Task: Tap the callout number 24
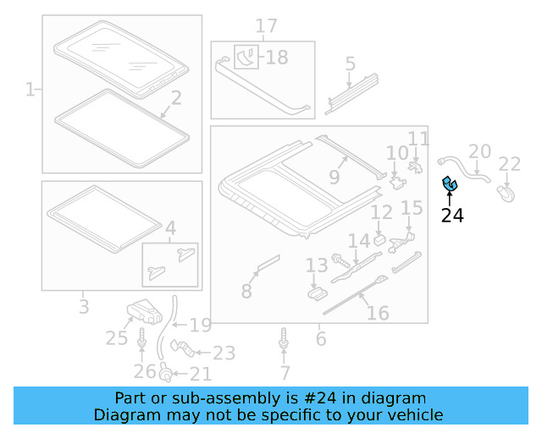pos(452,216)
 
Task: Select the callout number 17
pos(266,26)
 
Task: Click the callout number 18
pos(276,58)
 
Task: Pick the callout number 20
pos(479,152)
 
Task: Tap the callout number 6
pos(320,338)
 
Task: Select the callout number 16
pos(378,313)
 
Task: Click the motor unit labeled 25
pos(143,312)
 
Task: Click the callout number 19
pos(200,325)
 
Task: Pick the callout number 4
pos(170,227)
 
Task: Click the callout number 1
pos(30,89)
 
